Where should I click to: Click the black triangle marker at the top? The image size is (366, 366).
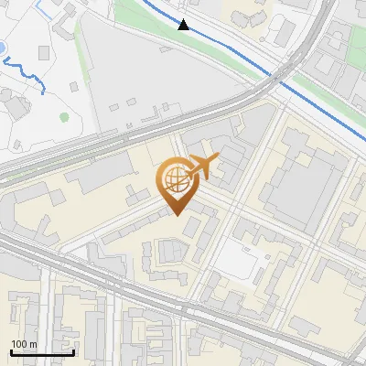tap(184, 25)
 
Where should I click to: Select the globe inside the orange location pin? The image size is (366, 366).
tap(174, 180)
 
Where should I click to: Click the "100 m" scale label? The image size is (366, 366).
tap(24, 343)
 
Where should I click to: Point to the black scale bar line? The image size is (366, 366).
tap(42, 351)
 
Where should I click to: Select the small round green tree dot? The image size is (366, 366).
tap(64, 117)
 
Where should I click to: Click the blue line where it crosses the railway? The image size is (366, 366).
tap(276, 81)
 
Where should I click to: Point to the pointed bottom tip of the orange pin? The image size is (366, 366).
tap(175, 215)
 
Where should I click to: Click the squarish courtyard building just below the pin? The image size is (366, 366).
tap(170, 252)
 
